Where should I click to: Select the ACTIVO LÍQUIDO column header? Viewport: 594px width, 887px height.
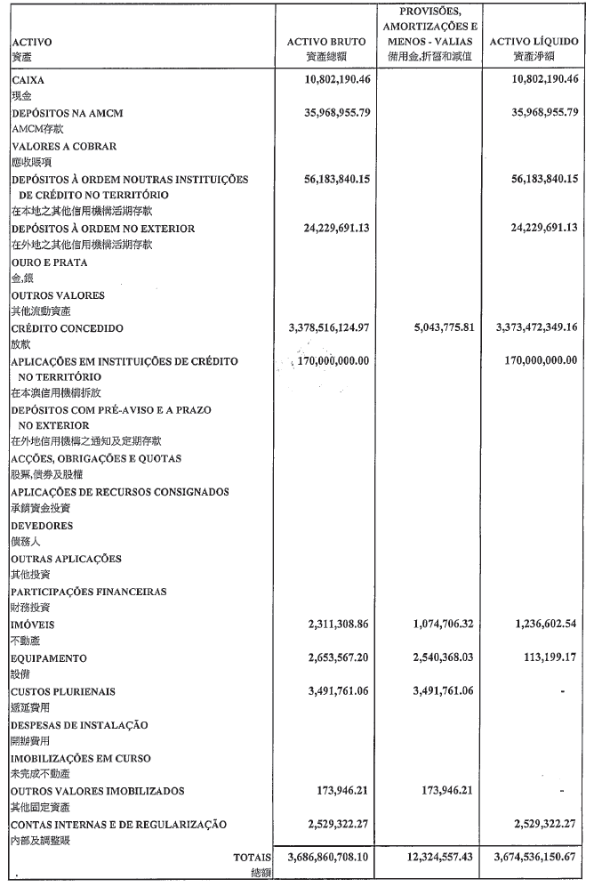[x=534, y=42]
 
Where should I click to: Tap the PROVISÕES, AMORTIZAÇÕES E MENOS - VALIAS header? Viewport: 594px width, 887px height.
[x=430, y=27]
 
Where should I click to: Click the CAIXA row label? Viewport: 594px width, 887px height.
[x=28, y=80]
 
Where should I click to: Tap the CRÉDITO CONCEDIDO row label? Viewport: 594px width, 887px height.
[x=67, y=328]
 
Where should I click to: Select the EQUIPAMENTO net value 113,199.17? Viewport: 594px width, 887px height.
[x=542, y=658]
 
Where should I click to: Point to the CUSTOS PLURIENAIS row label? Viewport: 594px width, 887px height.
[x=63, y=691]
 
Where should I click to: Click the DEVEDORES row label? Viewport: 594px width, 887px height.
[x=42, y=526]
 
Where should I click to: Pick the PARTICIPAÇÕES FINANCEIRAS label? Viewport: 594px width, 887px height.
[x=88, y=592]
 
